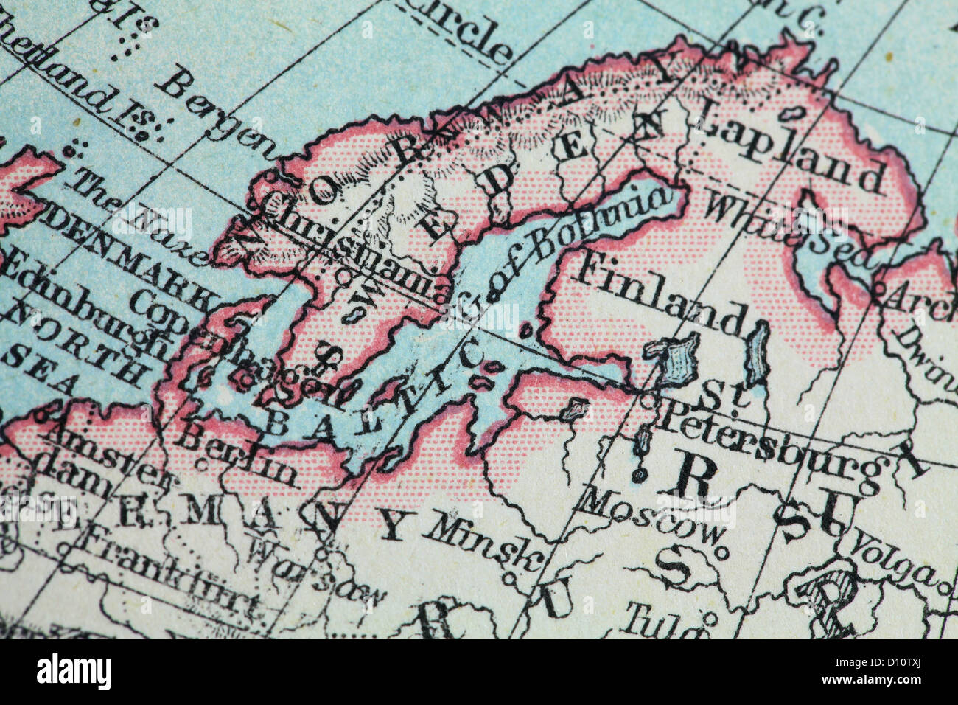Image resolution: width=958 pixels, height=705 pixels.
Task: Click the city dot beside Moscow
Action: click(722, 550)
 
